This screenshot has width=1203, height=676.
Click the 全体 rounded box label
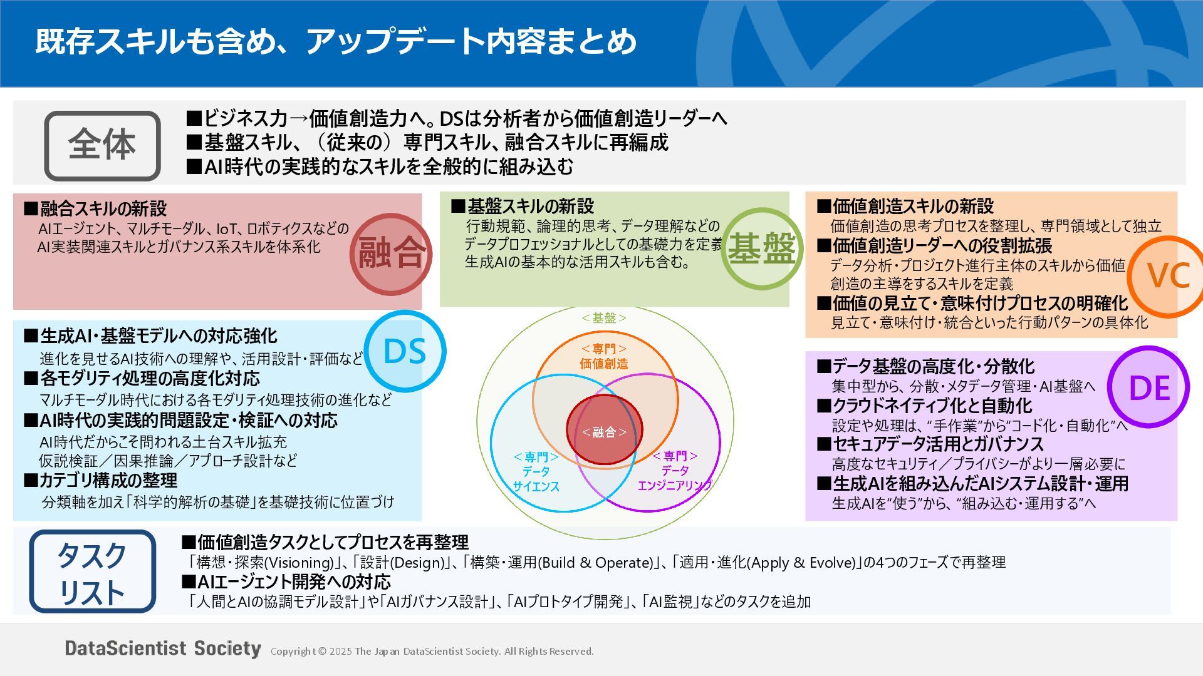(x=102, y=146)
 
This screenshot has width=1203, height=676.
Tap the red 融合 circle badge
(x=391, y=254)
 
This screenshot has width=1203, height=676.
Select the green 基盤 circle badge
(x=761, y=248)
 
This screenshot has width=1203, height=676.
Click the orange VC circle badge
(x=1167, y=275)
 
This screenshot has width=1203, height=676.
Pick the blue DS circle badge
(x=405, y=351)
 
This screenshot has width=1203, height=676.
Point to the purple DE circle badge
(x=1148, y=387)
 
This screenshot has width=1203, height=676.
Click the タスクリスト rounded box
(x=92, y=571)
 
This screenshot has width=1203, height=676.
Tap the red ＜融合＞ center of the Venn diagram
(x=604, y=431)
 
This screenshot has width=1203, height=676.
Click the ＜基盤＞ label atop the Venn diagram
(x=603, y=318)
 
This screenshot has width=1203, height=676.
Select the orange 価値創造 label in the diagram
(x=604, y=356)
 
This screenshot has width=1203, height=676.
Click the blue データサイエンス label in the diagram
(x=536, y=471)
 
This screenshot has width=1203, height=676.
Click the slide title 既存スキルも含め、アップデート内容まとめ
(x=336, y=41)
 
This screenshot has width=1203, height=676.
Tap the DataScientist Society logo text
(x=163, y=648)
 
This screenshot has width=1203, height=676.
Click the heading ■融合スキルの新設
(x=95, y=208)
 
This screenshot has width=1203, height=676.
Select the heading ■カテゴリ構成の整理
(x=100, y=481)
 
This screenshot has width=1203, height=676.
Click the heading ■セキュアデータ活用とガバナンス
(x=930, y=444)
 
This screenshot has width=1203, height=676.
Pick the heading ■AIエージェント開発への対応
(x=286, y=582)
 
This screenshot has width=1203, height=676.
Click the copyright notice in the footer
(x=432, y=652)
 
